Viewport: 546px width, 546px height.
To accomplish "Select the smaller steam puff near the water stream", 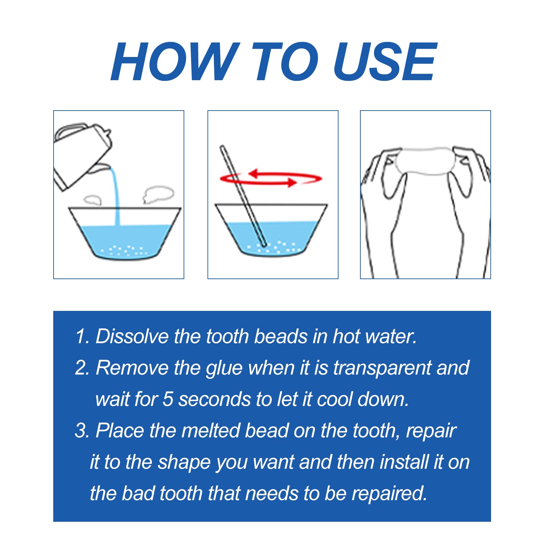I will point(92,200).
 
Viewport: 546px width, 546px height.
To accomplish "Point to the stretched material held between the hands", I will point(425,160).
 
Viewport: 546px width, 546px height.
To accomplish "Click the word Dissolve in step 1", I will point(132,336).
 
